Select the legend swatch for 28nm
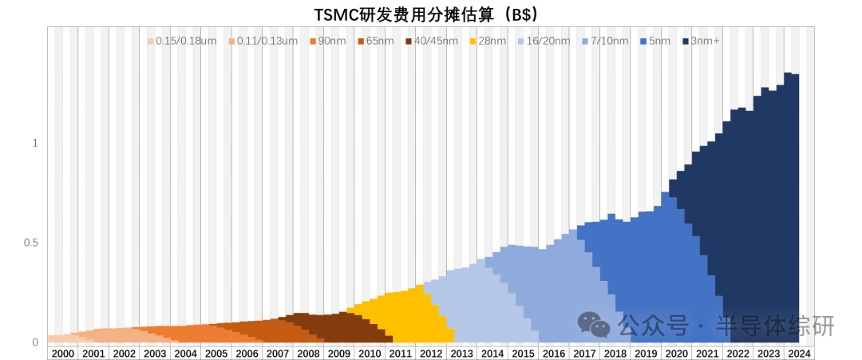pyautogui.click(x=473, y=41)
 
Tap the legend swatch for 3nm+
pyautogui.click(x=686, y=41)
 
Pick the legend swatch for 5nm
pyautogui.click(x=644, y=41)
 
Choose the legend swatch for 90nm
pyautogui.click(x=312, y=41)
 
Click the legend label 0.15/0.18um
pyautogui.click(x=187, y=41)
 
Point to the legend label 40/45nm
pyautogui.click(x=436, y=41)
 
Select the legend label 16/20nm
pyautogui.click(x=548, y=41)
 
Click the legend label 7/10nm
pyautogui.click(x=611, y=41)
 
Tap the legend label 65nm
pyautogui.click(x=380, y=41)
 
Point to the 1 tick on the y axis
pyautogui.click(x=35, y=143)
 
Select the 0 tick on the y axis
pyautogui.click(x=35, y=342)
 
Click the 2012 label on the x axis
pyautogui.click(x=431, y=354)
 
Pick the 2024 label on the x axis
pyautogui.click(x=799, y=354)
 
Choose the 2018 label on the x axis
pyautogui.click(x=615, y=354)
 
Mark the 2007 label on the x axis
pyautogui.click(x=277, y=354)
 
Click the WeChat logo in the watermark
pyautogui.click(x=595, y=324)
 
